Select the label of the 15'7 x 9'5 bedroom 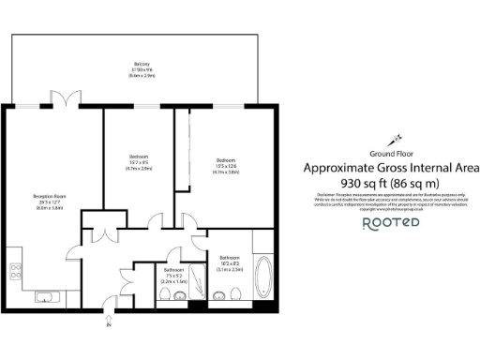[x=138, y=160]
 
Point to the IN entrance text [x=109, y=326]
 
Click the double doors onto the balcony [x=67, y=98]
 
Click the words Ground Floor [x=393, y=152]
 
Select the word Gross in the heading [x=396, y=168]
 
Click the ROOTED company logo [x=393, y=223]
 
